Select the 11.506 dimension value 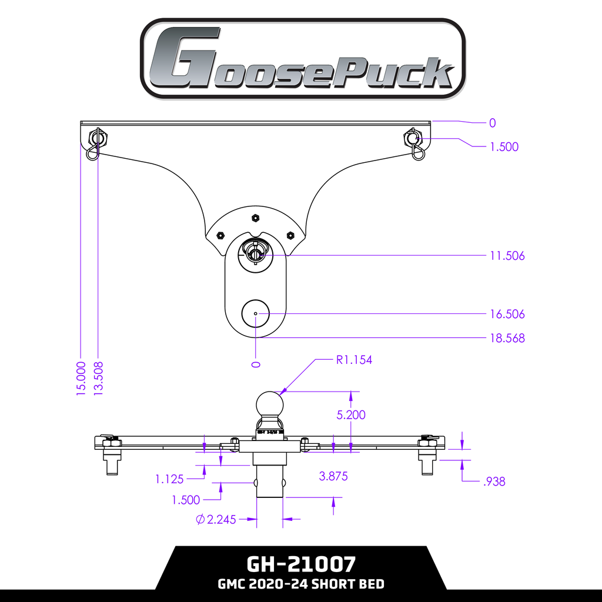click(x=507, y=256)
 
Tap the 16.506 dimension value click(x=507, y=314)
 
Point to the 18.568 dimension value click(x=507, y=338)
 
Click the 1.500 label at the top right click(x=504, y=147)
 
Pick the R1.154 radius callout click(x=354, y=360)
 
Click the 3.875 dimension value click(x=333, y=476)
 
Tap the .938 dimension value click(x=493, y=482)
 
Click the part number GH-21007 click(x=301, y=564)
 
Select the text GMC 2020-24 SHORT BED click(x=301, y=584)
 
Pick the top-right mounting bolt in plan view click(x=413, y=139)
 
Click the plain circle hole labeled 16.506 click(x=256, y=313)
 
